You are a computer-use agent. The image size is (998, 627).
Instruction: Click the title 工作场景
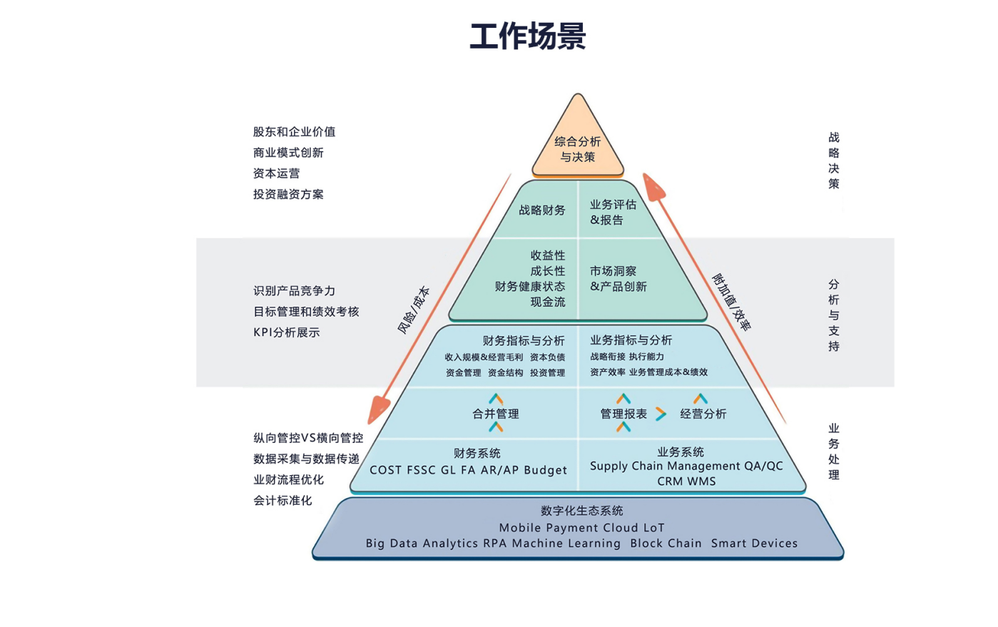click(528, 36)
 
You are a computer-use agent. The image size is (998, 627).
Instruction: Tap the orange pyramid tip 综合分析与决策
click(578, 149)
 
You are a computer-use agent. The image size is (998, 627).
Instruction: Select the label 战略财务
click(542, 210)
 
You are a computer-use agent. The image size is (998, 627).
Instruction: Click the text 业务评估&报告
click(612, 213)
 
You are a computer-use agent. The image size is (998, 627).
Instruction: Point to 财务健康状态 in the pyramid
click(530, 287)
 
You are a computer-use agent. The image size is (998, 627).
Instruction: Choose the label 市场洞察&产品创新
click(618, 279)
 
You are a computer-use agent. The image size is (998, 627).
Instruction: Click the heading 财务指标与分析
click(524, 341)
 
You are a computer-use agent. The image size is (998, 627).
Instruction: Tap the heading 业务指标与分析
click(631, 340)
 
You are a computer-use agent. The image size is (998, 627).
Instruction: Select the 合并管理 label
click(496, 414)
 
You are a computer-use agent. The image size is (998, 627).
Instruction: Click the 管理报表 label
click(623, 414)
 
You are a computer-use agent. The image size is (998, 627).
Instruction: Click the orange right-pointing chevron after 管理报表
click(661, 414)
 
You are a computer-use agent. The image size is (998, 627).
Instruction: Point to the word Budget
click(546, 470)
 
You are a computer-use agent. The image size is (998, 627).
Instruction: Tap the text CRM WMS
click(686, 481)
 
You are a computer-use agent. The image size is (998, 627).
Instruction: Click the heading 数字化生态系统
click(582, 511)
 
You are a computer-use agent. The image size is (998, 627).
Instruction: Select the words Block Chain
click(666, 544)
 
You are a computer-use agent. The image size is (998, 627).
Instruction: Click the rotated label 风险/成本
click(414, 310)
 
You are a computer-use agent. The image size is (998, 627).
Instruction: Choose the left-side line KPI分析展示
click(287, 332)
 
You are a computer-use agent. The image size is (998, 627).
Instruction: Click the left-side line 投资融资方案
click(288, 194)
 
